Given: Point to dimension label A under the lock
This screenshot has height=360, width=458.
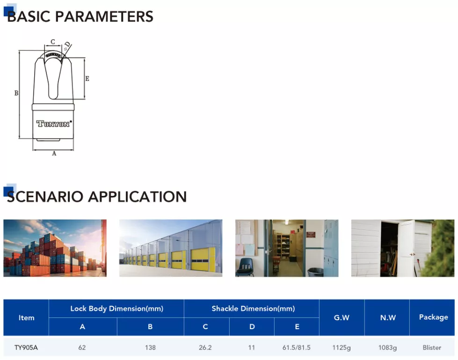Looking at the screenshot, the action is (x=54, y=153).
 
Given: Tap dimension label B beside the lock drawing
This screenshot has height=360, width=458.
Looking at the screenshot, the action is (x=16, y=93).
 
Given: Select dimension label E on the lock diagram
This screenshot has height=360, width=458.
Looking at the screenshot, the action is (x=87, y=79).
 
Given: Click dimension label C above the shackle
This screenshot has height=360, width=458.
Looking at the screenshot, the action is (x=53, y=42).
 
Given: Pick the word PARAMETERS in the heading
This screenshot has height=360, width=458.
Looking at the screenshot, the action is (x=104, y=16).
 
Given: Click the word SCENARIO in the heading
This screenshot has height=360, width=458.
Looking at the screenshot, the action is (x=45, y=196).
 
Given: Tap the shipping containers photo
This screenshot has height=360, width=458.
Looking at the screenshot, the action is (x=55, y=248).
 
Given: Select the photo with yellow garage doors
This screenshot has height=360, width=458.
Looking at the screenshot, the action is (x=171, y=248).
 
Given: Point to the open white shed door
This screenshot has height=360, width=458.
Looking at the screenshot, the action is (x=407, y=248).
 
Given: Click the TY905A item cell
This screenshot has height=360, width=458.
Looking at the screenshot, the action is (x=26, y=347).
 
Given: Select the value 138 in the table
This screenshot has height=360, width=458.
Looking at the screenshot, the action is (x=150, y=347).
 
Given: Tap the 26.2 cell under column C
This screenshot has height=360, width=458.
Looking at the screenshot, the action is (x=205, y=347).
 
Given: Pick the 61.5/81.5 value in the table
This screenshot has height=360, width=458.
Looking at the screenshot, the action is (x=297, y=347).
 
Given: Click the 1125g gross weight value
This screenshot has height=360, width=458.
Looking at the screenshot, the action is (x=342, y=347).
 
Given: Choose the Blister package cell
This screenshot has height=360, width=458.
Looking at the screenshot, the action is (x=432, y=347).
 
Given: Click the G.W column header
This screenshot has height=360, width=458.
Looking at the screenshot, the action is (x=342, y=317).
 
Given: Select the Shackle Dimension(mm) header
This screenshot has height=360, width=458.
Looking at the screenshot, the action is (x=253, y=309).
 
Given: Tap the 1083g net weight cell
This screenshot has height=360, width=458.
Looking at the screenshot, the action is (x=388, y=347).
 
